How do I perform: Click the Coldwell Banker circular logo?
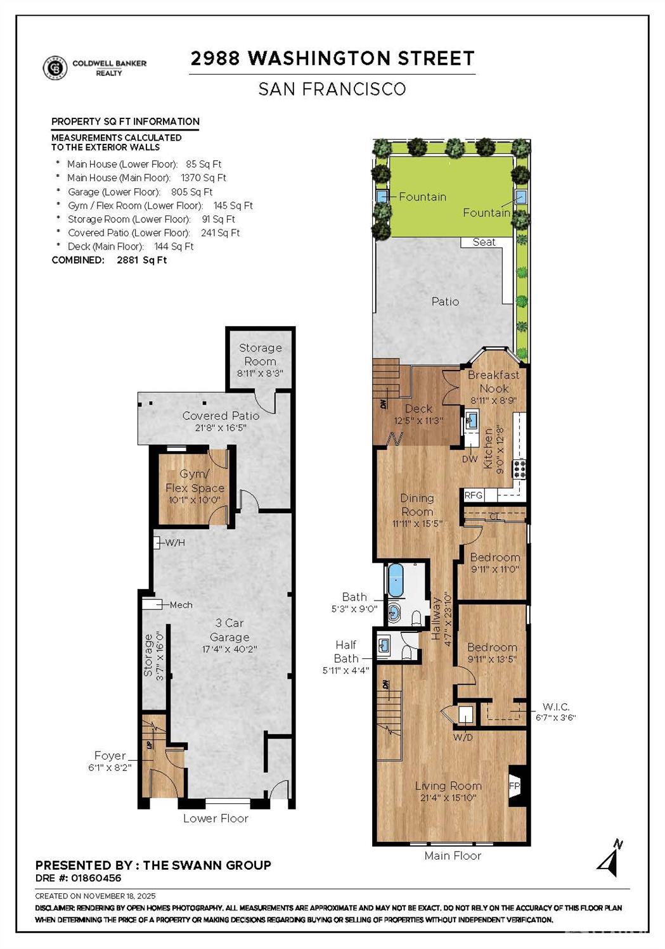tap(55, 68)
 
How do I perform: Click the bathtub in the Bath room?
tap(396, 580)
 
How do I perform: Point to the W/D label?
tap(463, 737)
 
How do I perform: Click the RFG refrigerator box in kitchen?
tap(474, 495)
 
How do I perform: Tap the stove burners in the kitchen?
tap(520, 469)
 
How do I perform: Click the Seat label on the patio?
tap(484, 242)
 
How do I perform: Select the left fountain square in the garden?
tap(382, 196)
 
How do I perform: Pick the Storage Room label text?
tap(260, 354)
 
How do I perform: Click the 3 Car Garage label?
tap(229, 630)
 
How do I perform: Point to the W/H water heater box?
tap(158, 542)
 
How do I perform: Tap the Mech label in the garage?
tap(181, 605)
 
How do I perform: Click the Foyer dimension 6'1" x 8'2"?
tap(110, 767)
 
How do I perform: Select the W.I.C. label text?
tap(556, 706)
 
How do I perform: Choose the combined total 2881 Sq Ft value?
tap(141, 260)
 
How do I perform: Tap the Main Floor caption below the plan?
tap(453, 856)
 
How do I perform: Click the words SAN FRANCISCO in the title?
tap(332, 89)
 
